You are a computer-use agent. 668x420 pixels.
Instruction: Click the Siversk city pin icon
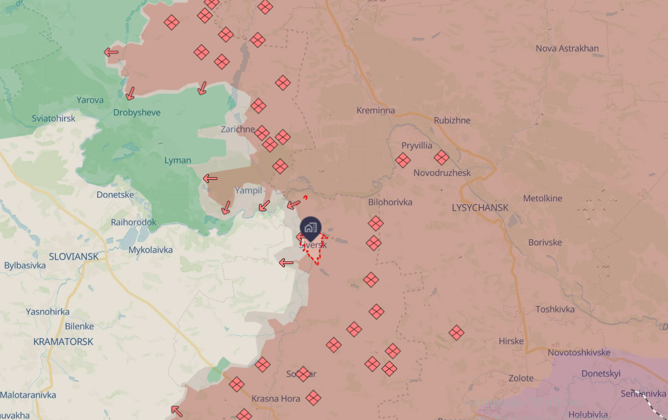[x=310, y=228]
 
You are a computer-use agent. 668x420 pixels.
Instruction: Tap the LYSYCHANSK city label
[x=480, y=208]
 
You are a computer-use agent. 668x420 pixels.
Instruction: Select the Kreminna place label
[x=376, y=110]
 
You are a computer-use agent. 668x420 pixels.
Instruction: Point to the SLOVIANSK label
[x=74, y=256]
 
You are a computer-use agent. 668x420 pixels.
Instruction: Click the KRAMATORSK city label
[x=63, y=342]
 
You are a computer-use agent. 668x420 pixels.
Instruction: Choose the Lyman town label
[x=177, y=160]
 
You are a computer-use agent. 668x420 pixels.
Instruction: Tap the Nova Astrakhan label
[x=567, y=48]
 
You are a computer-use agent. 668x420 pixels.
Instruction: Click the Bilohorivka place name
[x=390, y=202]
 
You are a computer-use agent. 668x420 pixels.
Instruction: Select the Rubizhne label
[x=452, y=120]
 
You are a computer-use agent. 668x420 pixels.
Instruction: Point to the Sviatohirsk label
[x=54, y=118]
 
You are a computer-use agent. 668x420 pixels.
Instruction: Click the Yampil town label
[x=249, y=190]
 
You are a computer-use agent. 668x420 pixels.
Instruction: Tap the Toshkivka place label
[x=555, y=309]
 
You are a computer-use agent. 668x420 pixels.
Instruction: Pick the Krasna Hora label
[x=276, y=399]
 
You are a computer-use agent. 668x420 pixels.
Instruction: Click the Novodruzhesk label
[x=442, y=173]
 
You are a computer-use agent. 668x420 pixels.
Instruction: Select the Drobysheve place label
[x=137, y=112]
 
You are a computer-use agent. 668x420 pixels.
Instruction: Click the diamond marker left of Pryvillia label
[x=403, y=160]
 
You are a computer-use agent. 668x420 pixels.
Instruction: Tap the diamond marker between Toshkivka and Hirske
[x=456, y=333]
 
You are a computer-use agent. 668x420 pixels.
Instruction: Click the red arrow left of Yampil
[x=210, y=178]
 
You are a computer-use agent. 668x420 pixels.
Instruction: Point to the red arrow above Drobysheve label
[x=130, y=93]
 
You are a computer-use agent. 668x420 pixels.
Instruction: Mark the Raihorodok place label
[x=133, y=222]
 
